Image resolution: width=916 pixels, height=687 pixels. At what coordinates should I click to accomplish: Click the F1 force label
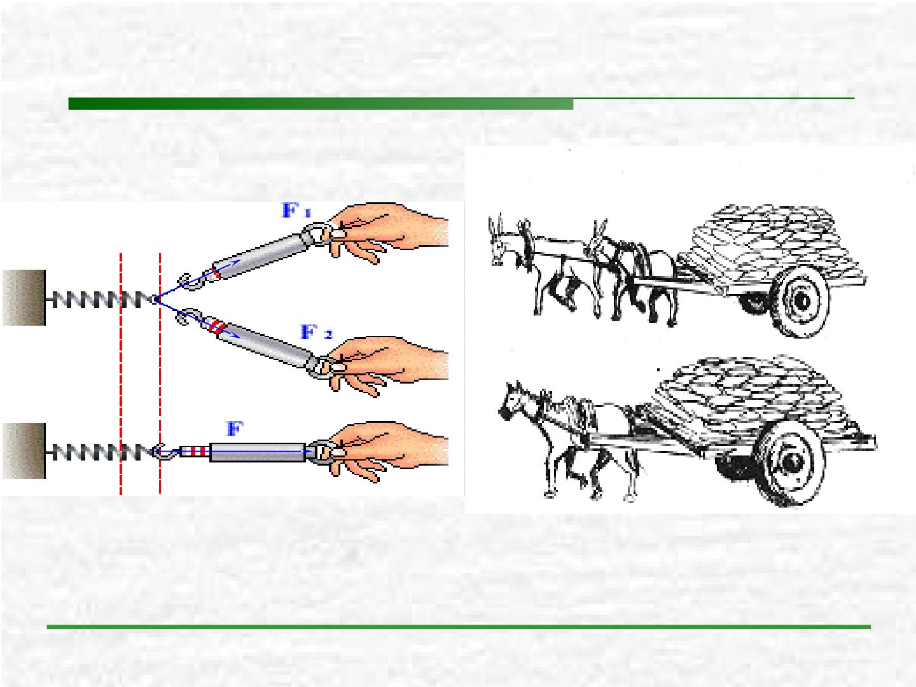(296, 211)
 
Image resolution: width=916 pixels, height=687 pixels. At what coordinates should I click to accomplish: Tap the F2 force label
(316, 333)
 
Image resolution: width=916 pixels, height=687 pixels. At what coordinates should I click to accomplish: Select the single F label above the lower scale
(235, 428)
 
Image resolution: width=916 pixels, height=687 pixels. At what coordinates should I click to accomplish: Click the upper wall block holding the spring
(24, 298)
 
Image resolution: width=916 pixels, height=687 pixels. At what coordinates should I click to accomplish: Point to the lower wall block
(24, 451)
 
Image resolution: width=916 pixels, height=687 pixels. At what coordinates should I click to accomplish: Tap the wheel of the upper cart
(799, 301)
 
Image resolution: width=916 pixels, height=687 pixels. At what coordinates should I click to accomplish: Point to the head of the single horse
(513, 401)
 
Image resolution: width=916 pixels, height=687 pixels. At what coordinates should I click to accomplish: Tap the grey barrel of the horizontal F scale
(257, 452)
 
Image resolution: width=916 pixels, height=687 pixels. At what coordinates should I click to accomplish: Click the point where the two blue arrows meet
(155, 299)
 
